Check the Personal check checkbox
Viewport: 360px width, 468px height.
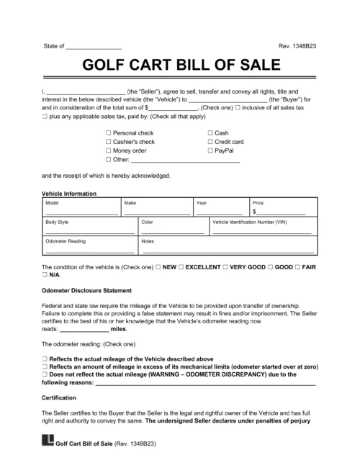[109, 133]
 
